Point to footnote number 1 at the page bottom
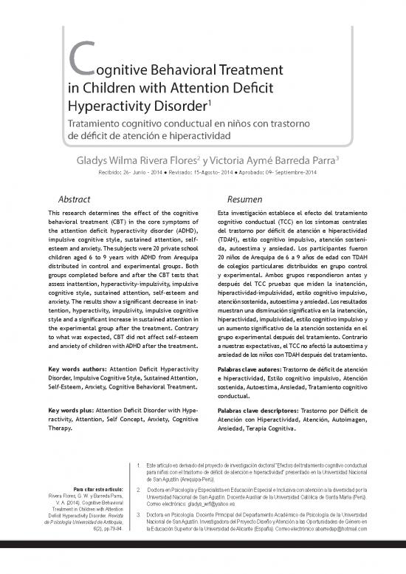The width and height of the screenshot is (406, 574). click(x=140, y=465)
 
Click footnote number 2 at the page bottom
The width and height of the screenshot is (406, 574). click(x=140, y=489)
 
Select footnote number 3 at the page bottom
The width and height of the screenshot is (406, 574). click(x=140, y=514)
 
